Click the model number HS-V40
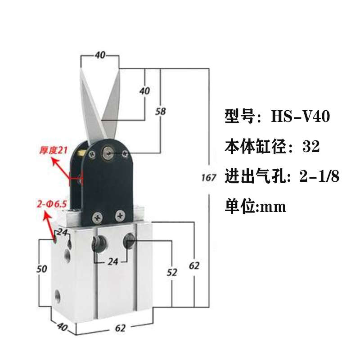(x=301, y=117)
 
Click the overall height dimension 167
(x=209, y=177)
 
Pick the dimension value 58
(x=160, y=111)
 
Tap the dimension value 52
(x=172, y=272)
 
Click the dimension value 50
(x=42, y=269)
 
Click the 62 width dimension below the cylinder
(x=120, y=328)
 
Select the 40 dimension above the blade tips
(x=100, y=55)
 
